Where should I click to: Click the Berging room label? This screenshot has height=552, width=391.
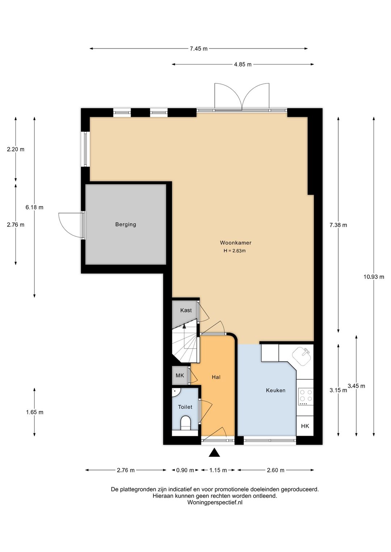126,225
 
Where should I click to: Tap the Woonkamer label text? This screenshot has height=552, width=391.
236,243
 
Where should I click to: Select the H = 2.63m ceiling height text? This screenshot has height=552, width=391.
235,251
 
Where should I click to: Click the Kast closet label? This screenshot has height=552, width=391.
186,310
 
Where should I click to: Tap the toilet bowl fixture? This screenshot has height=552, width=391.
185,423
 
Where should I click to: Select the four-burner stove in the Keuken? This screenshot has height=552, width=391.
306,397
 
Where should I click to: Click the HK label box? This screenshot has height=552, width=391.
305,426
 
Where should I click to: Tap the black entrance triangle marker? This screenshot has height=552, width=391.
214,453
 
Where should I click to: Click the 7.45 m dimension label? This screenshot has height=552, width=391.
199,48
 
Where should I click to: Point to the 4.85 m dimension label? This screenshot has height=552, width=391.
243,64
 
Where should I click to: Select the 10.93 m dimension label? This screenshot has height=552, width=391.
374,277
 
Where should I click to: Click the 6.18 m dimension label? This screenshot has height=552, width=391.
34,207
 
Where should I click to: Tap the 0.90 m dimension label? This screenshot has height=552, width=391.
185,470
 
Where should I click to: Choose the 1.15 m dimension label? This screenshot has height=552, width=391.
218,470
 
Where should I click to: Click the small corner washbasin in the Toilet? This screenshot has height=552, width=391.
176,392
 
